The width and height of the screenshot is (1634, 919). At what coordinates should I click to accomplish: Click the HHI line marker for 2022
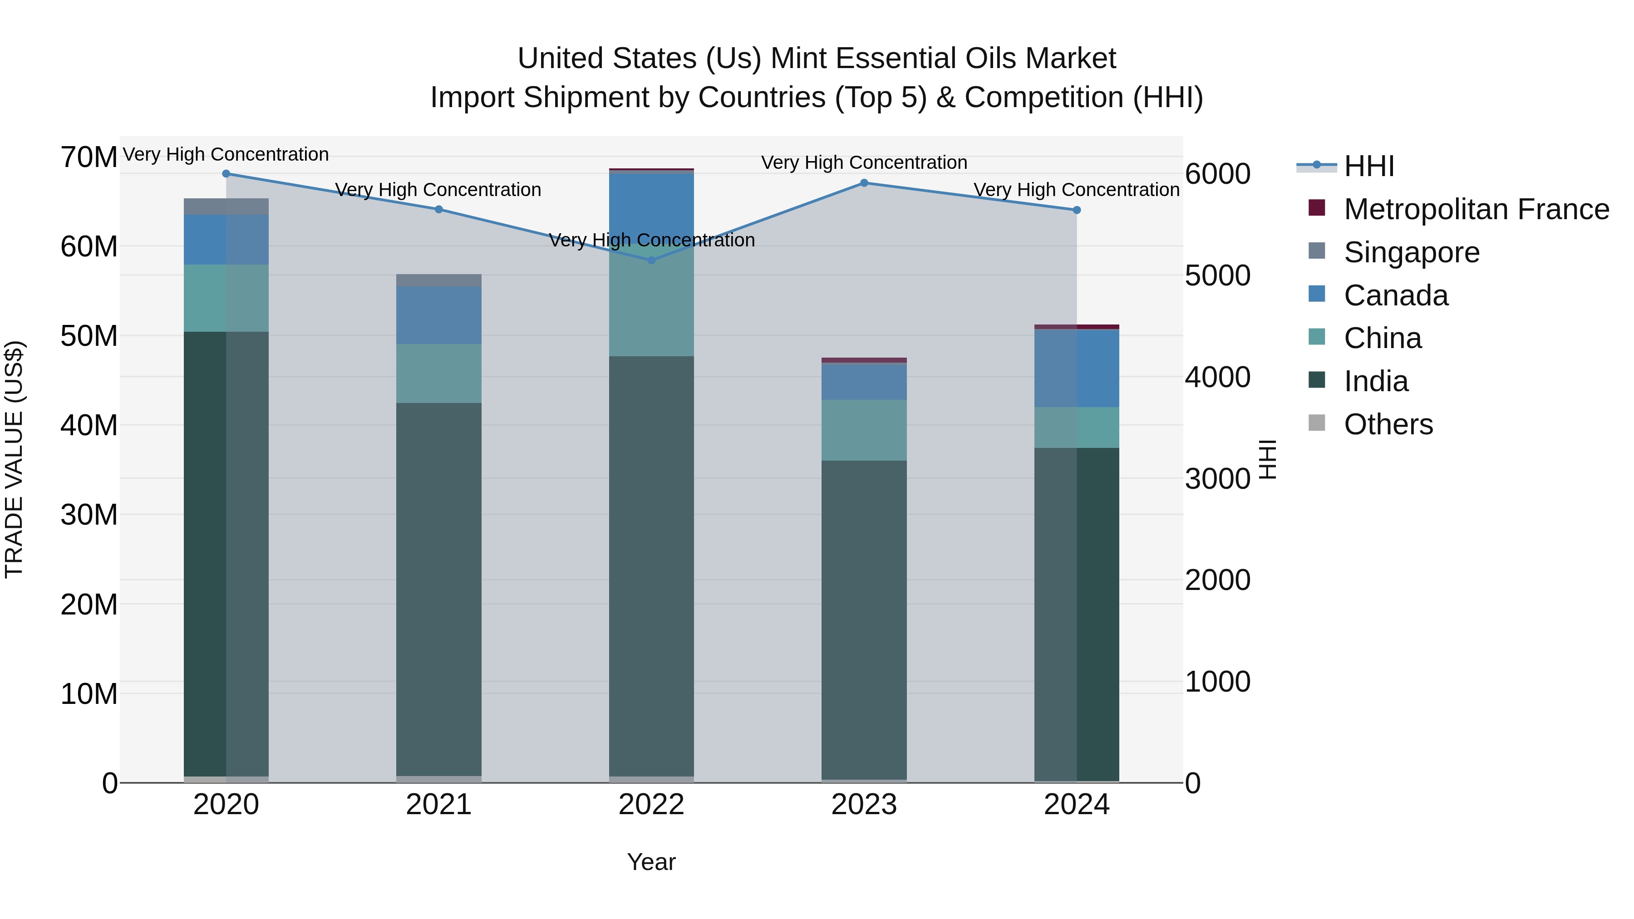coord(651,260)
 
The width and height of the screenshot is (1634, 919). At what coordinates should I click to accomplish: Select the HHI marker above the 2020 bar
coord(226,174)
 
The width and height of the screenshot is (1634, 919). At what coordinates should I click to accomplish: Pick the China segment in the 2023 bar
coord(864,430)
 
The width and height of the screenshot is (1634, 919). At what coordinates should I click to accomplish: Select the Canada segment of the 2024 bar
coord(1077,369)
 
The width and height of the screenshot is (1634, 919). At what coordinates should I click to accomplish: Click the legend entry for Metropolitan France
coord(1476,209)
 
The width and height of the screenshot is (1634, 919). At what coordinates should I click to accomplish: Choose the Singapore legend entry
coord(1411,252)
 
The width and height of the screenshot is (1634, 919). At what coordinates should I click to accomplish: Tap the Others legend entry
coord(1388,424)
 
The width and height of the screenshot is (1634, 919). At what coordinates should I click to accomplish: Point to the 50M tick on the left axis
coord(89,336)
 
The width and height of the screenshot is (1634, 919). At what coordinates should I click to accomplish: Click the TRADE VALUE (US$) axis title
coord(14,459)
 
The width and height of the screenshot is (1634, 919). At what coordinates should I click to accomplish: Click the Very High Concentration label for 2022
coord(651,241)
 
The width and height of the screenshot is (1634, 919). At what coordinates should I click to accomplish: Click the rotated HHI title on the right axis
coord(1267,459)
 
